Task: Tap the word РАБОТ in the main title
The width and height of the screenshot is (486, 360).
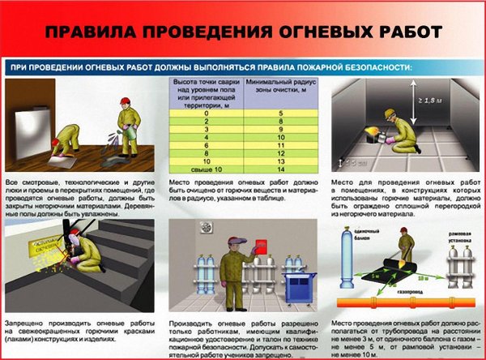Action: [401, 33]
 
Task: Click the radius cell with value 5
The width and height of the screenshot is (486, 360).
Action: [280, 114]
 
